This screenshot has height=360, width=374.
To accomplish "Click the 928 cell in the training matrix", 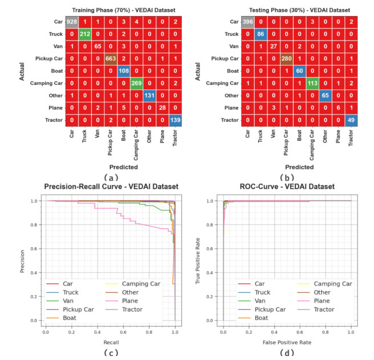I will pos(71,21).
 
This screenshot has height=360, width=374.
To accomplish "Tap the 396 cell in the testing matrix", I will pos(247,21).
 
